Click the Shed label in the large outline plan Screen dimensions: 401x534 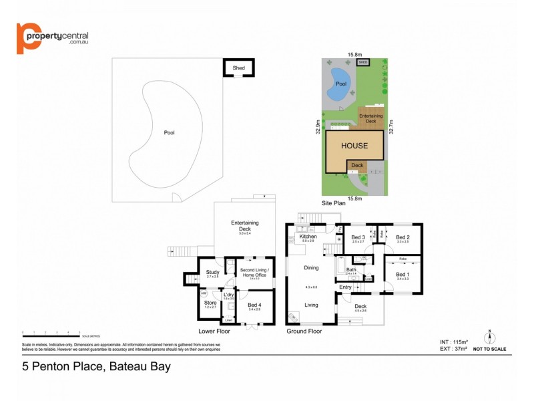238,68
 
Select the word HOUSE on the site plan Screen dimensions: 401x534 354,145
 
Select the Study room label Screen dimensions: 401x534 212,272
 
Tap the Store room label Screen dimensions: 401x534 210,303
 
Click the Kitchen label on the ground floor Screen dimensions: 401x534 307,237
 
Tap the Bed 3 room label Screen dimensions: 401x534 358,237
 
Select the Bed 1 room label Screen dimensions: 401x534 401,274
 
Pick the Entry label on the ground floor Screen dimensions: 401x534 344,287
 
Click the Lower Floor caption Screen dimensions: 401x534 215,331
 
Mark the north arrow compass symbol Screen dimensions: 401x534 489,337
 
